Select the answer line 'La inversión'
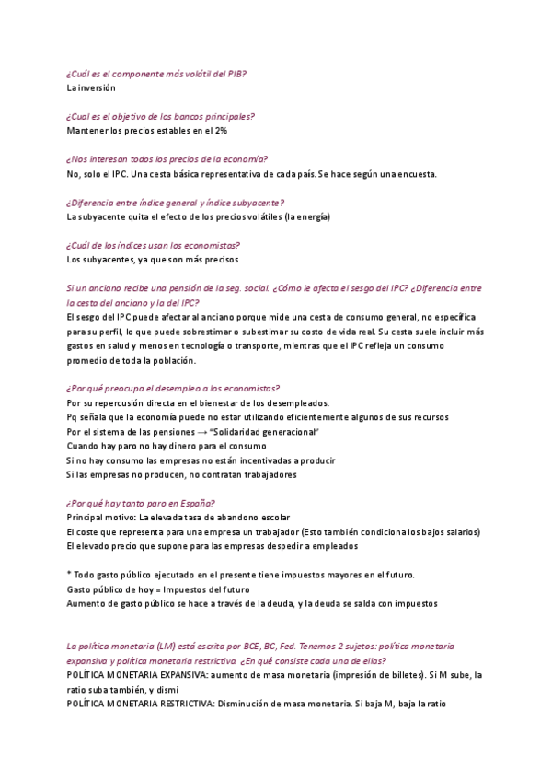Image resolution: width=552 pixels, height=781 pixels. tap(91, 88)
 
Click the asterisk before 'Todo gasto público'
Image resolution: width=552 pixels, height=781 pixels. tap(69, 575)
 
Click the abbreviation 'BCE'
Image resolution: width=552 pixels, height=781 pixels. tap(251, 647)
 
